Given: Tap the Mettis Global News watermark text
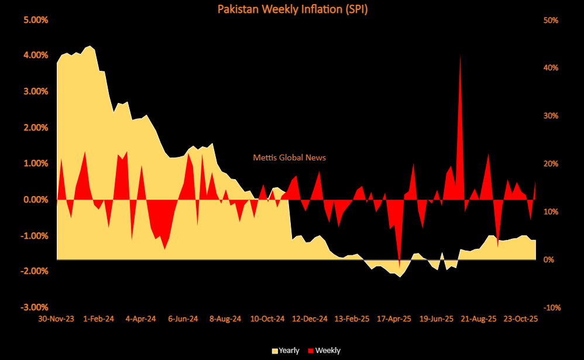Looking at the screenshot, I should tap(289, 157).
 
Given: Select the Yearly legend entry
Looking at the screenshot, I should tap(286, 351).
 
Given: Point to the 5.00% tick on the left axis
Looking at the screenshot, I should tap(36, 19).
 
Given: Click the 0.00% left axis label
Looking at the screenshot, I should tap(36, 200).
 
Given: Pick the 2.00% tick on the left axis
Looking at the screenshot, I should tap(36, 128).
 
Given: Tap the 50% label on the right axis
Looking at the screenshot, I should tap(551, 20).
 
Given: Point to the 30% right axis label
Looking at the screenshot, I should tap(551, 116).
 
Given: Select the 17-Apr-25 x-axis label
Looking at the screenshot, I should tap(393, 319).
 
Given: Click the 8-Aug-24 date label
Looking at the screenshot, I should tap(225, 319).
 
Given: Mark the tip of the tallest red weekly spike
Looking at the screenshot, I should tap(461, 54).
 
